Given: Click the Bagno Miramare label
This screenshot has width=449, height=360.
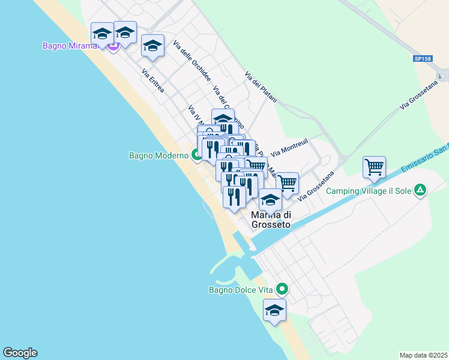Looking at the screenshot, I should pos(68,46).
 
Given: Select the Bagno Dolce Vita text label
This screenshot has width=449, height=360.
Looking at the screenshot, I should pos(241,290).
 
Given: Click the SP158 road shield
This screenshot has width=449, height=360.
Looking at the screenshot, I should pos(422,59).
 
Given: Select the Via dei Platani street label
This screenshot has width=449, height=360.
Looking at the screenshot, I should pos(260,87).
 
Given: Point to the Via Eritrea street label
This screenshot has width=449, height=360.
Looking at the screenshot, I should pos(154,83).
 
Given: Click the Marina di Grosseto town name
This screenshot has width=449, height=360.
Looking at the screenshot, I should pos(270,220).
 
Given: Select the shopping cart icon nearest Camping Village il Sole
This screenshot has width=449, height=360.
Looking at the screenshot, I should pos(374,167).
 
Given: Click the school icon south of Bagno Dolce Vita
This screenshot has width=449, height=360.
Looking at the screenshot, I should pos(274,311).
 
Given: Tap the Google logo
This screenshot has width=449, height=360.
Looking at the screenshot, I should pos(20,353).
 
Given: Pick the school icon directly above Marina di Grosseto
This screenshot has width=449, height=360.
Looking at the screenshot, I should pos(270,200).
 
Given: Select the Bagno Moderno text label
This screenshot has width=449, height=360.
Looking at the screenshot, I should pos(158,156).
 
